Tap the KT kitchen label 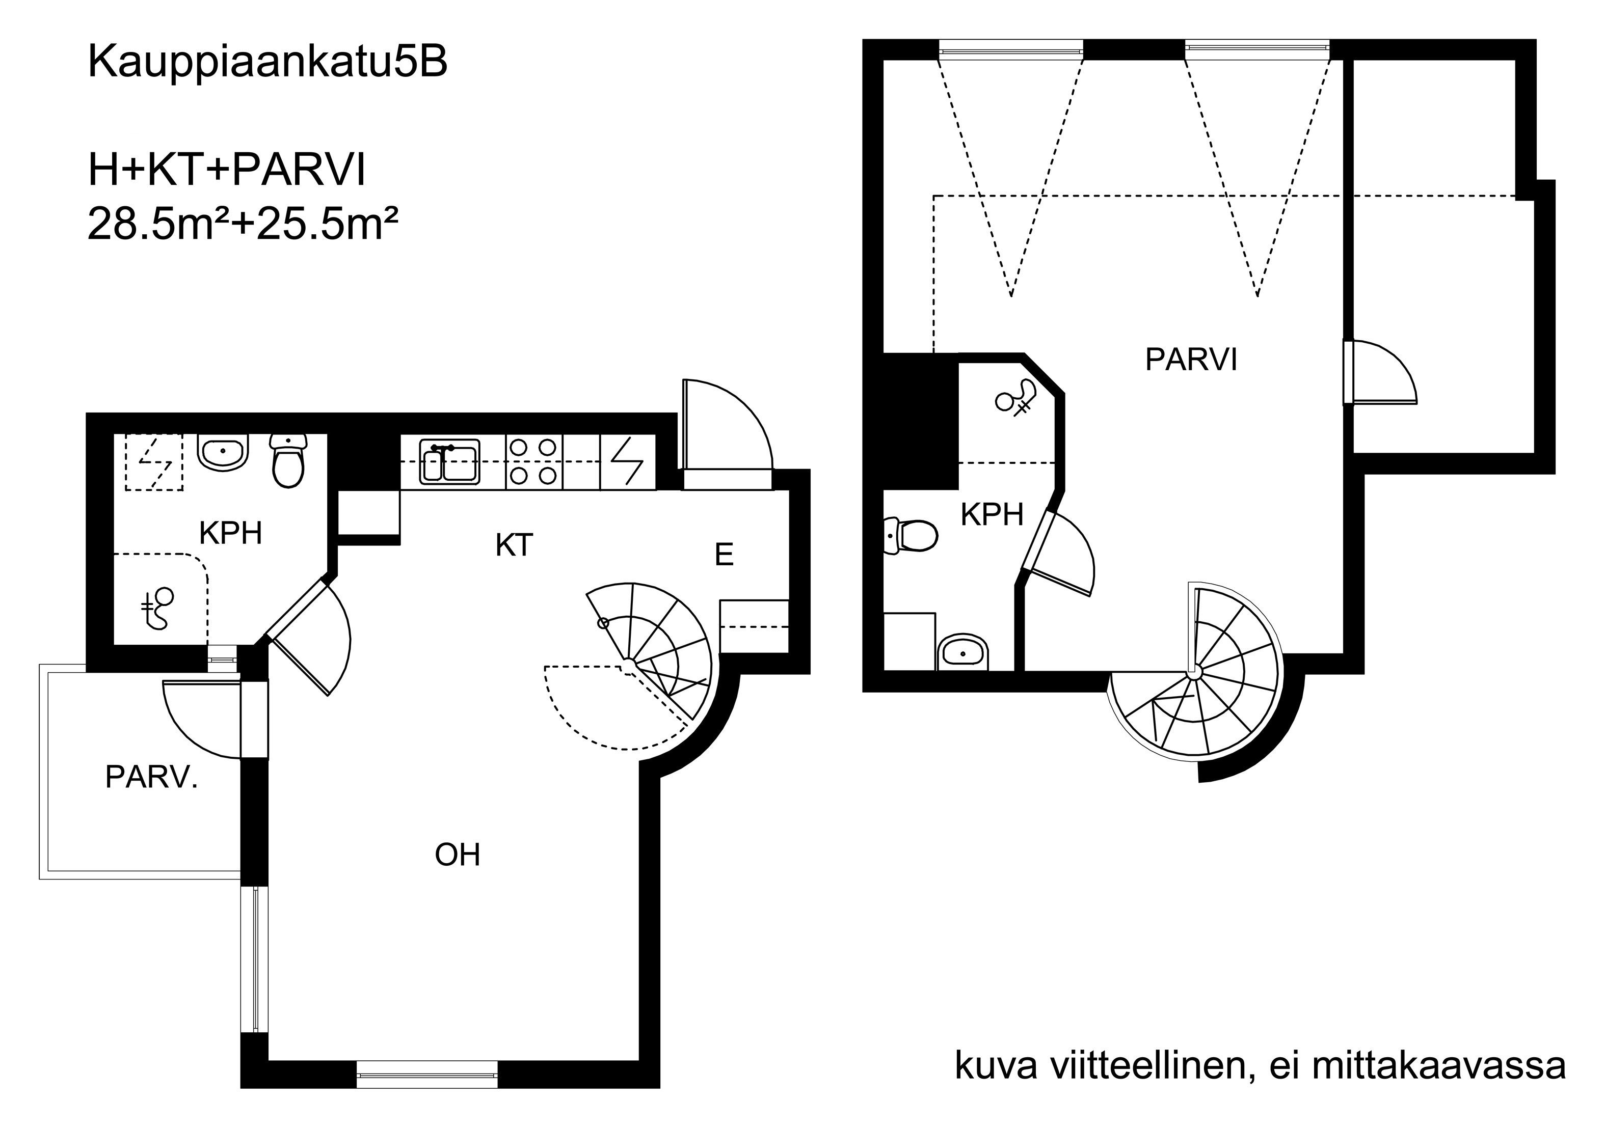(515, 545)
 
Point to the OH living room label (458, 855)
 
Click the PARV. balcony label (152, 777)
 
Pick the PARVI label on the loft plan (1191, 360)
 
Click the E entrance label (724, 555)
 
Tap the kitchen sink (449, 461)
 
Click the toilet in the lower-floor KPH (288, 460)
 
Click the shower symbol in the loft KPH (1016, 398)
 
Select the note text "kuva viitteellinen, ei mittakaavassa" (1260, 1066)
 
